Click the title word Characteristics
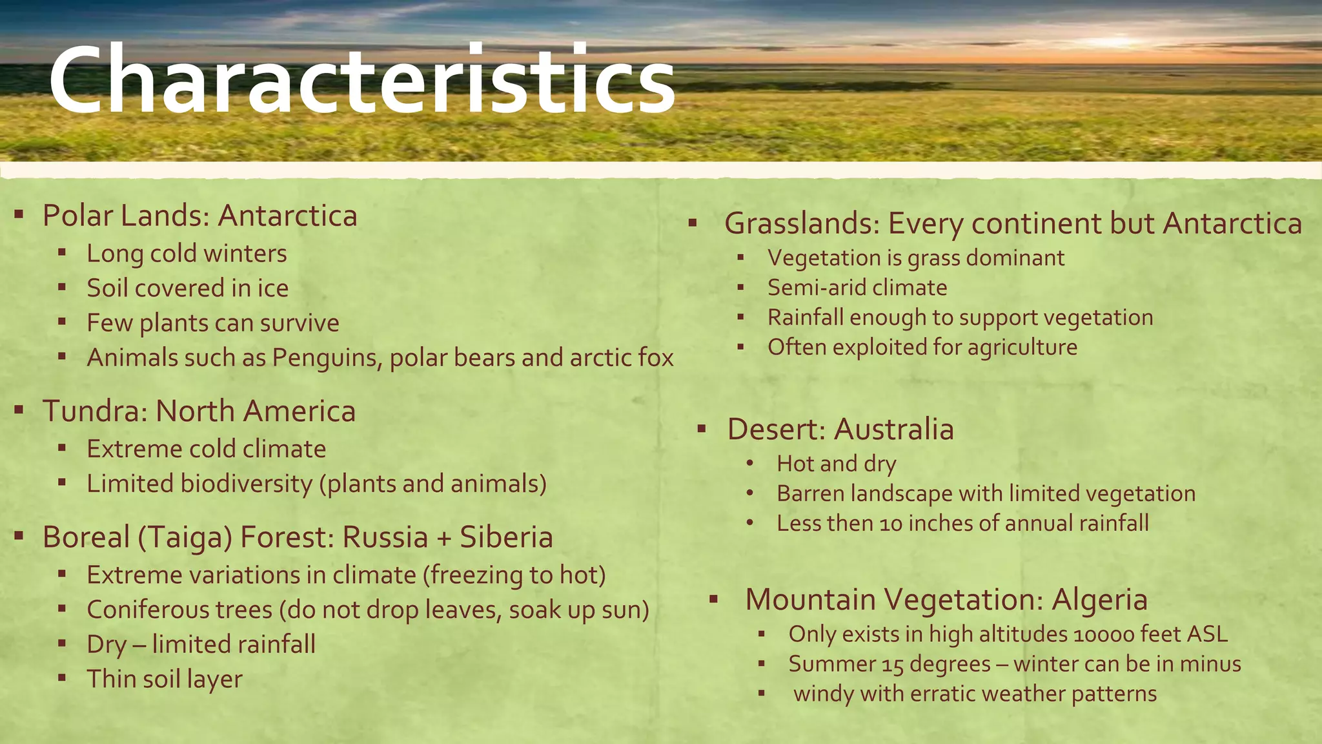[361, 81]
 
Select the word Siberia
[506, 537]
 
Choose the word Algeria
[1099, 599]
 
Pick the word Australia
[893, 429]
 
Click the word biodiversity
[246, 484]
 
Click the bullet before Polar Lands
[19, 213]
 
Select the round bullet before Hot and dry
[749, 464]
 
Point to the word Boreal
[86, 537]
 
